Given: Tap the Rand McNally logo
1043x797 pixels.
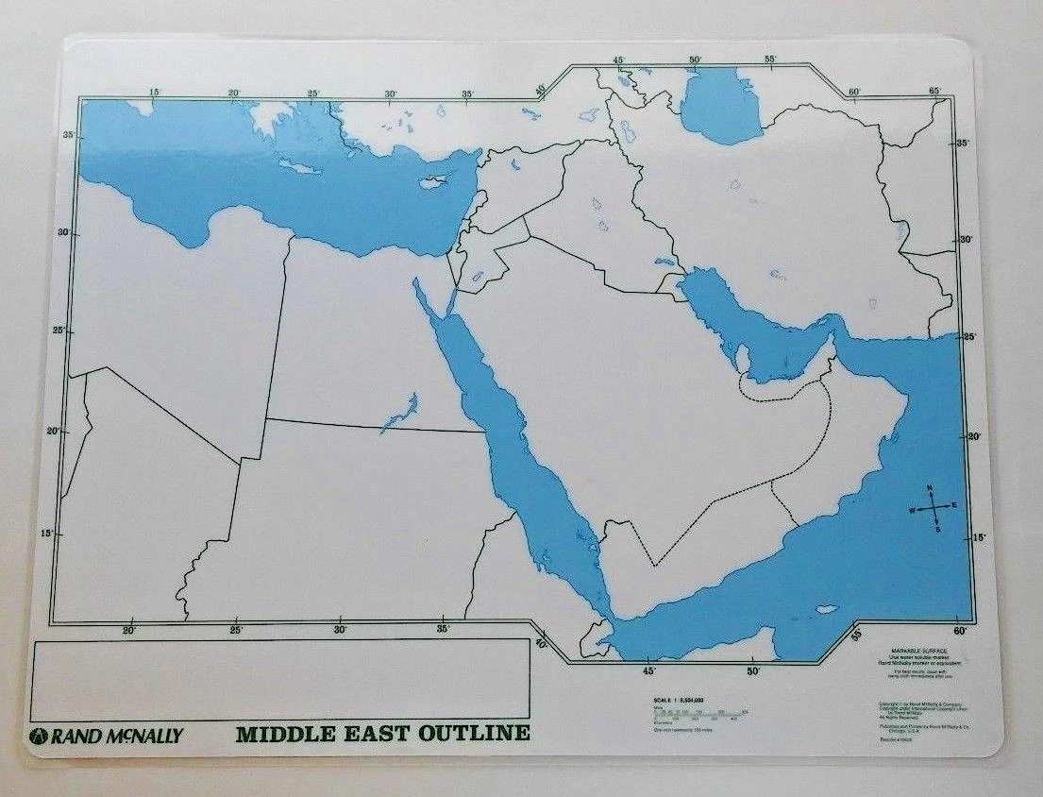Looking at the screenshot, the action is [107, 736].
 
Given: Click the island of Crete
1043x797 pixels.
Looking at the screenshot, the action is [301, 167].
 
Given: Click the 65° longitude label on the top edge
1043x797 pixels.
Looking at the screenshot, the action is [934, 91].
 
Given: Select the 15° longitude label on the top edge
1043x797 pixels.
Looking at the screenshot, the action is [155, 92].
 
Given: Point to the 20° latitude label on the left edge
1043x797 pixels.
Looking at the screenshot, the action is [63, 431].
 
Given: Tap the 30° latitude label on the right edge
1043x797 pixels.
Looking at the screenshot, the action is [965, 240].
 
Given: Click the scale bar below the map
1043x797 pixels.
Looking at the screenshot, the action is [698, 713].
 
